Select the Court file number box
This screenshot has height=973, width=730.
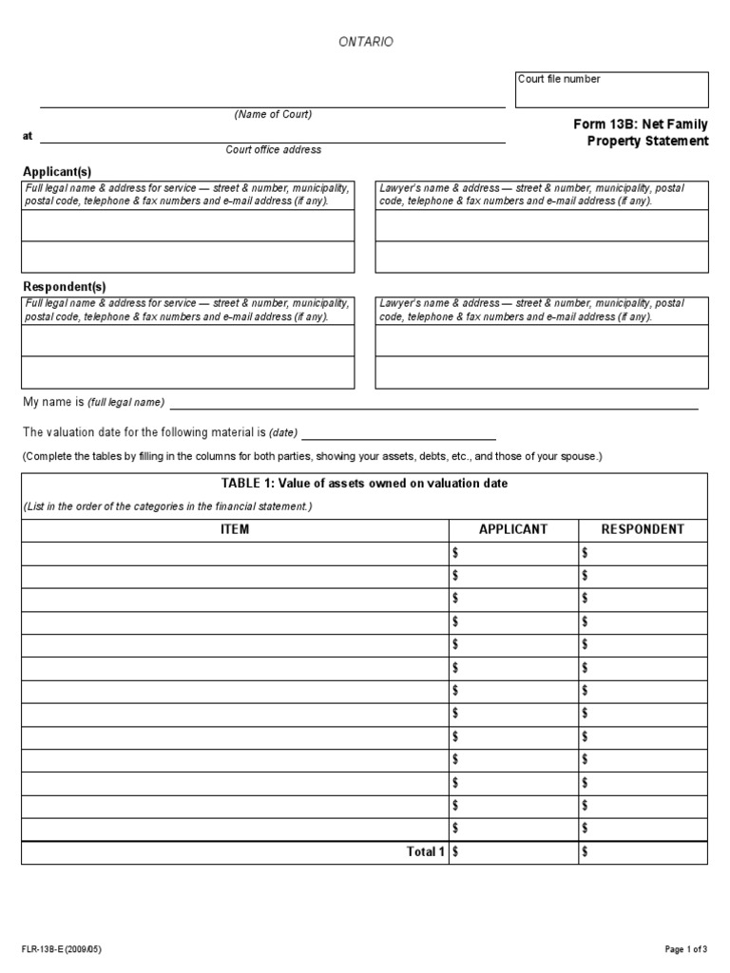[612, 90]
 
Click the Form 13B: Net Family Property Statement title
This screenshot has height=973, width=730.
[640, 133]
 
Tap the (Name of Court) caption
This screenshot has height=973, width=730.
[273, 115]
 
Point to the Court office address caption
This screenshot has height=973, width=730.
[273, 150]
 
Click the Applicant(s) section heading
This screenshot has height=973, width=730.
[57, 171]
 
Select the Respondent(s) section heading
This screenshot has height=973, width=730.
[64, 286]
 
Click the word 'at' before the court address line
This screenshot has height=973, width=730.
[28, 136]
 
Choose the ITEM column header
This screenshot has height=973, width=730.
[234, 529]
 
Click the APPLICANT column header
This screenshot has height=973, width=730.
[513, 529]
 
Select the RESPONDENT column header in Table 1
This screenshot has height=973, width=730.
[643, 529]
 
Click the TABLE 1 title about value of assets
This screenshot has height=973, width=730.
[364, 483]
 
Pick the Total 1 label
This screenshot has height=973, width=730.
[425, 852]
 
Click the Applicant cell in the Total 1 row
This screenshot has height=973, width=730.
[513, 852]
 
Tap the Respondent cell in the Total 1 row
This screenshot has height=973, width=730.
[643, 852]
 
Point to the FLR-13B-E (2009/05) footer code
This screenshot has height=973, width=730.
[62, 949]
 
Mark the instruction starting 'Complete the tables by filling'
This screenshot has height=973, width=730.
[312, 456]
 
